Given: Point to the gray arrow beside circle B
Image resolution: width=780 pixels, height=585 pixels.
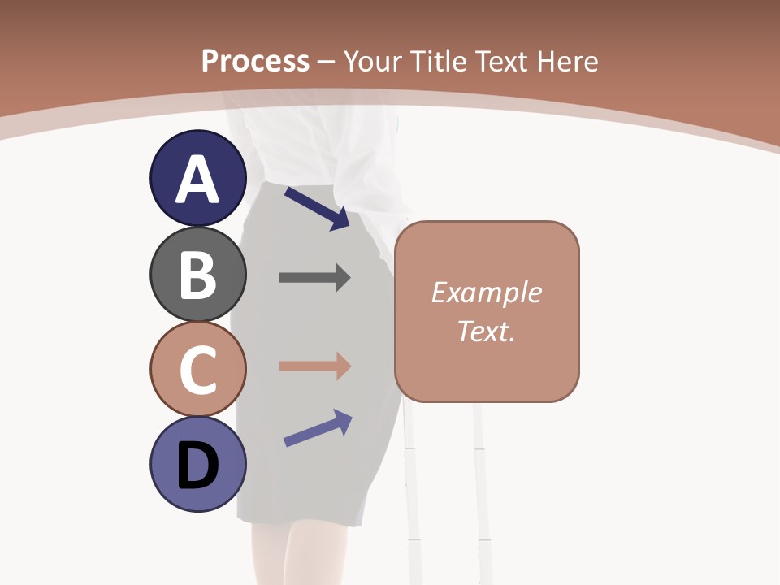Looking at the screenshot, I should (x=314, y=278).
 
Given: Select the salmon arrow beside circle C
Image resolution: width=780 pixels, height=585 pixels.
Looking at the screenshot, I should (x=314, y=366).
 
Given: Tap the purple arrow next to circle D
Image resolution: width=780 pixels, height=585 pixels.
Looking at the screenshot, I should (x=318, y=428).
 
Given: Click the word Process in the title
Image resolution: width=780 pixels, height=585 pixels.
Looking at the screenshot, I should (x=255, y=61).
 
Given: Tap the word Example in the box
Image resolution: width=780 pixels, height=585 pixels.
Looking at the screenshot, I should (x=486, y=292).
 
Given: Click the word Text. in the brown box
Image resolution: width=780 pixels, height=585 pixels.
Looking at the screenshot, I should (x=486, y=331).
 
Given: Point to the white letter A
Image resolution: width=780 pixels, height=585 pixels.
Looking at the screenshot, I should (x=198, y=180).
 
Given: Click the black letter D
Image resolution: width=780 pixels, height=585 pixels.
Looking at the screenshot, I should (x=198, y=466).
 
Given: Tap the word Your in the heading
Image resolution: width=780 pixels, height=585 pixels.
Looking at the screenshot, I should (x=375, y=61).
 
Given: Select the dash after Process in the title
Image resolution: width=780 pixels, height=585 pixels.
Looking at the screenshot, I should (x=327, y=63).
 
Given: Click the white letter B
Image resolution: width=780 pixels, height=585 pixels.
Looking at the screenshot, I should (x=198, y=276).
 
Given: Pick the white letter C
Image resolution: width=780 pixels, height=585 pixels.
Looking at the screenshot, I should (x=198, y=370).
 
